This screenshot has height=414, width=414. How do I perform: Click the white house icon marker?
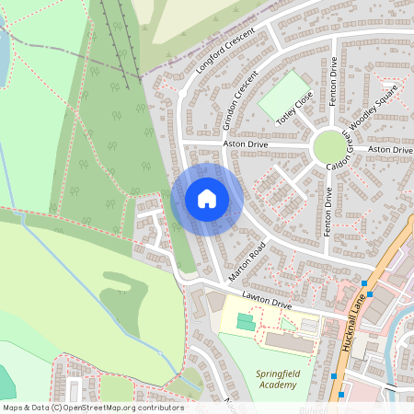[x=207, y=199]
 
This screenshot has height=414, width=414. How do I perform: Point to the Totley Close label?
[x=295, y=108]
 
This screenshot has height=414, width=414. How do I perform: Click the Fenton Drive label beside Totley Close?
[x=334, y=81]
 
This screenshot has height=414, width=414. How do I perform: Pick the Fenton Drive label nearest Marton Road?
[x=328, y=212]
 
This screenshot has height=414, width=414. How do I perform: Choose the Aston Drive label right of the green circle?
[x=390, y=149]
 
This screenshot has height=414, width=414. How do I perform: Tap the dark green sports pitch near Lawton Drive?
[x=245, y=322]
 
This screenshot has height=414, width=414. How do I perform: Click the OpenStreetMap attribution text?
[x=92, y=407]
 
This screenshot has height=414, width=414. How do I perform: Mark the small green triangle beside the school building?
[x=288, y=324]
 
